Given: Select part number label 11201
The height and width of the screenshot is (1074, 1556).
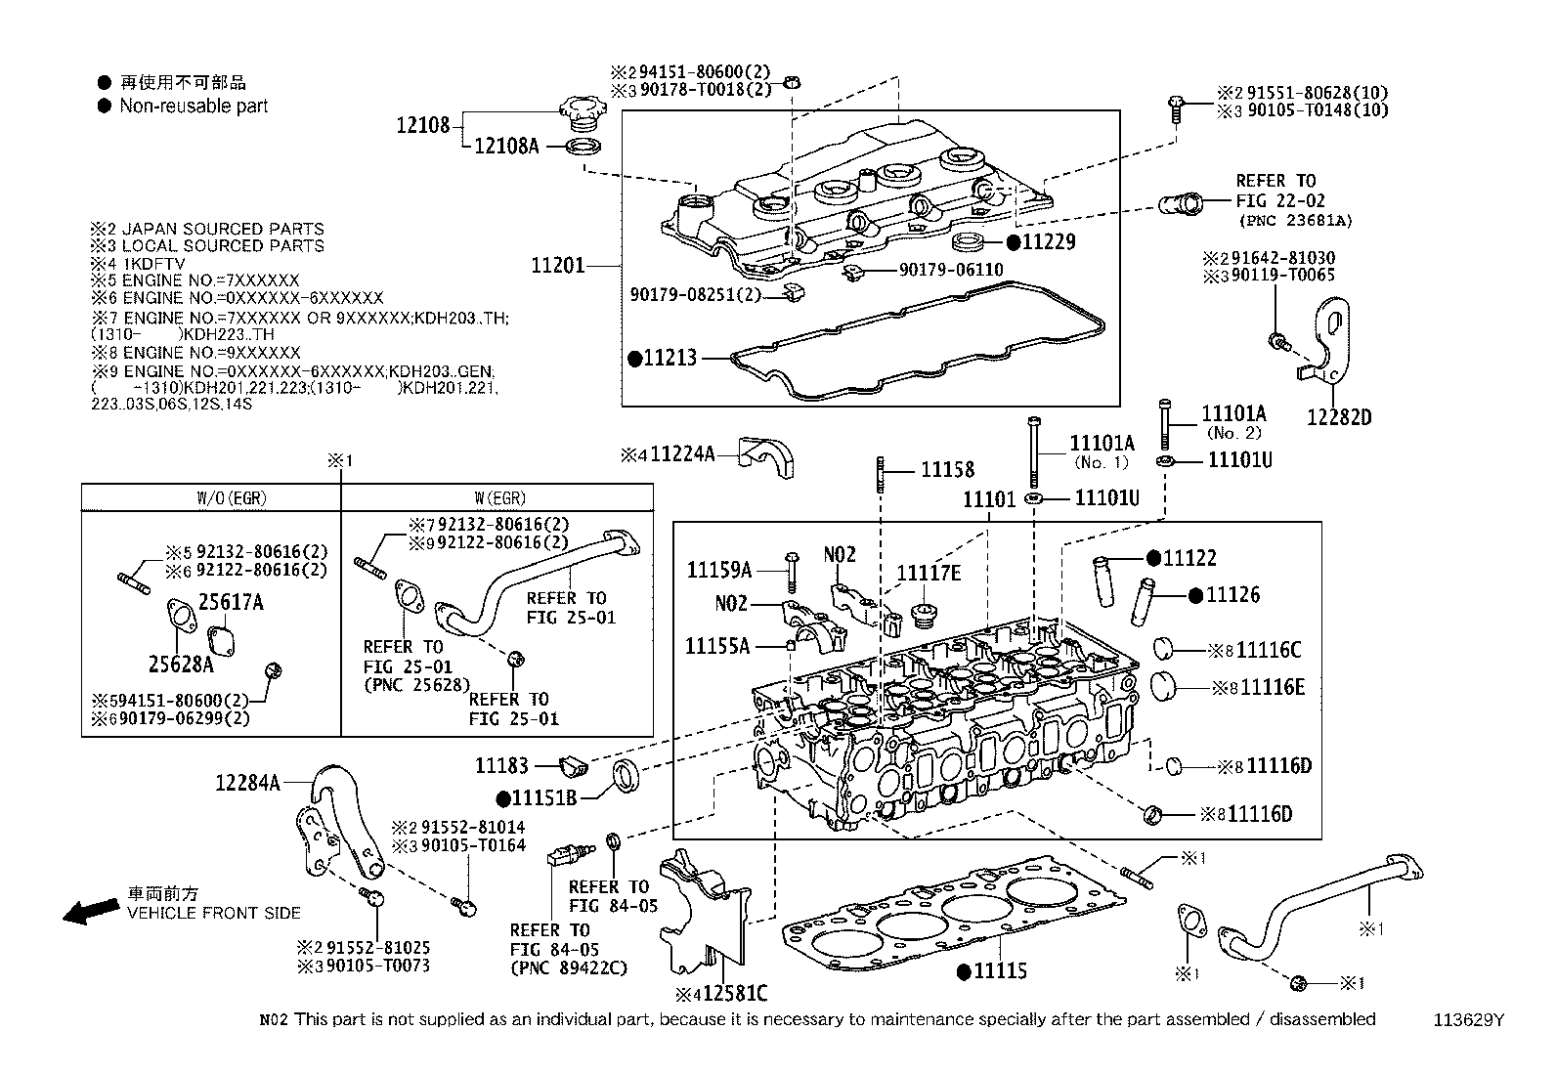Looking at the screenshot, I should (557, 265).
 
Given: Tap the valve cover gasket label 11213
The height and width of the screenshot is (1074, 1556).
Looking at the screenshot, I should (670, 358).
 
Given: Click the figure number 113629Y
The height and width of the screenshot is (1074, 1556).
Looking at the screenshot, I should (1468, 1020).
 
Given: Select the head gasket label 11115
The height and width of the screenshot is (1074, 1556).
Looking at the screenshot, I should (999, 971).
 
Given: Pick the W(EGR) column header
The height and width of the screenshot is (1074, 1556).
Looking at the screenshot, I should (497, 497).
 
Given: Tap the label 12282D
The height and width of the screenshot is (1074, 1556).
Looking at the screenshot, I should (1340, 417).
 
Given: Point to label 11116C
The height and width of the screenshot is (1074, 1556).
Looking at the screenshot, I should (1269, 651).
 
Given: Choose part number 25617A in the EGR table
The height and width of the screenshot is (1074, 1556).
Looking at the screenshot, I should (231, 603).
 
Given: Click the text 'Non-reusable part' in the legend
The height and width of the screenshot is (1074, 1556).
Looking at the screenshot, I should (194, 106).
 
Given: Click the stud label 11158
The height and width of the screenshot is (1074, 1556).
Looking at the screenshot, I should (947, 470).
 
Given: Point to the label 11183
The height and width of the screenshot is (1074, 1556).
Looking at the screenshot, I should (502, 766).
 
